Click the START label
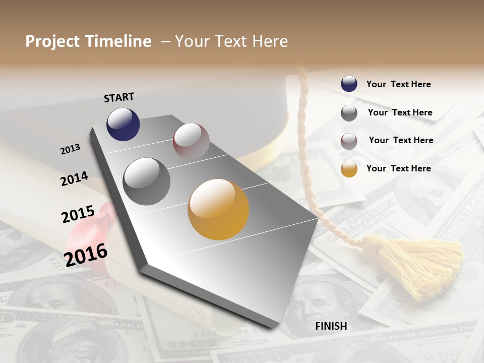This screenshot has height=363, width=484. tap(119, 97)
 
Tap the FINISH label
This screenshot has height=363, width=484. tap(331, 326)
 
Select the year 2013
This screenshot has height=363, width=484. tap(70, 149)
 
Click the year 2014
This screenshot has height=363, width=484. tap(74, 178)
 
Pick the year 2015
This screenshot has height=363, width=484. tap(78, 214)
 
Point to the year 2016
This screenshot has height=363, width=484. tap(86, 254)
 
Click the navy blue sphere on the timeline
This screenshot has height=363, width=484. tap(123, 125)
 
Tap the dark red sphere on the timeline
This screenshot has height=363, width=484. tap(191, 141)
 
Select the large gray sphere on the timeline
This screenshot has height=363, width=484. tap(147, 181)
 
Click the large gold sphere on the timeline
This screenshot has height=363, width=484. tap(218, 209)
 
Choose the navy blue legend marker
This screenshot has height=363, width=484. tap(349, 84)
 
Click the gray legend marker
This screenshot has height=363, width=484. tap(349, 112)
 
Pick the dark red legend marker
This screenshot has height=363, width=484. tap(349, 141)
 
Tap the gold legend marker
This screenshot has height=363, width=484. tap(349, 169)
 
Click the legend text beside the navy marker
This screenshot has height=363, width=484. tap(398, 84)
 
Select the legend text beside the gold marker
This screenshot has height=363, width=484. tap(398, 168)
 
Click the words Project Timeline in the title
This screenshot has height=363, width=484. tap(88, 41)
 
